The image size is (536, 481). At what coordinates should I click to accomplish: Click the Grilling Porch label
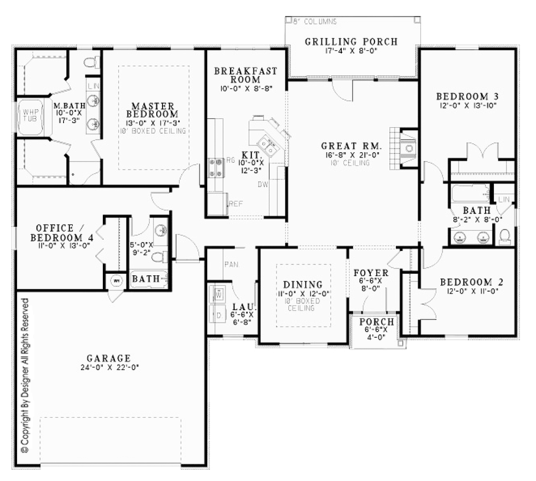click(351, 41)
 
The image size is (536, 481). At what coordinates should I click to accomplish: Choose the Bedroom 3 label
click(467, 96)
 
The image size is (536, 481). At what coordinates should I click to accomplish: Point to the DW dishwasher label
click(263, 184)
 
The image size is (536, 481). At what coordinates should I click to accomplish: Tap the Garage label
click(109, 359)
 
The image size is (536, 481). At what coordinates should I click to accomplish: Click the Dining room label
click(304, 285)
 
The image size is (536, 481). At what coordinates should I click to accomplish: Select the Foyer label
click(371, 273)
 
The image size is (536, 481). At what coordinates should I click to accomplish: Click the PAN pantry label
click(231, 264)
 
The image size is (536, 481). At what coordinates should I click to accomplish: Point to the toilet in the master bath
click(92, 62)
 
